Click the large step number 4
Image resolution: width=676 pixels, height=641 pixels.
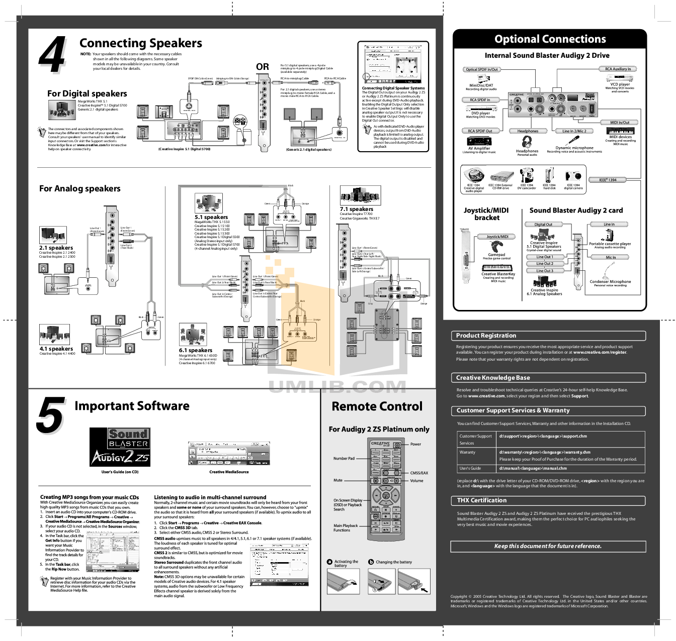pos(52,55)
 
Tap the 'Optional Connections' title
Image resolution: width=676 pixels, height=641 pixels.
pos(550,39)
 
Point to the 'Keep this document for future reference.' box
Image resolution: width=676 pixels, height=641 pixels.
pos(548,546)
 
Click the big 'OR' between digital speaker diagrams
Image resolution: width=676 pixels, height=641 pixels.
pos(263,67)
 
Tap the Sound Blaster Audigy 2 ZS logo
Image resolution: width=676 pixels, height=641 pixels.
pos(120,447)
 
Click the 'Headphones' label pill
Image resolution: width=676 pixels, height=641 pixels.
pos(528,131)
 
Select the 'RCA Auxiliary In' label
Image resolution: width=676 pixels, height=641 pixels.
pos(618,69)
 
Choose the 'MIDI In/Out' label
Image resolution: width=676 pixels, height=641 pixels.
pos(620,122)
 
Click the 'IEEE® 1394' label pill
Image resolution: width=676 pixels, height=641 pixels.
pos(608,179)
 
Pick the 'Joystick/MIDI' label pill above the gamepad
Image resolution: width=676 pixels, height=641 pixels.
pos(497,237)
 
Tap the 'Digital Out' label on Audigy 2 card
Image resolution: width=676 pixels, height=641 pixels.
pos(543,225)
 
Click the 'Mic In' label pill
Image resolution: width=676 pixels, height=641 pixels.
pos(610,257)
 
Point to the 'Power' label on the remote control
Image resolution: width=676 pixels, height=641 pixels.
pos(415,444)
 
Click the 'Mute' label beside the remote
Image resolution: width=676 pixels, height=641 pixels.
pos(338,480)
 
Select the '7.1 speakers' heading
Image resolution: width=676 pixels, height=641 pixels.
pos(357,209)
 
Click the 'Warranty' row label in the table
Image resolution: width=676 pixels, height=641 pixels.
pos(467,452)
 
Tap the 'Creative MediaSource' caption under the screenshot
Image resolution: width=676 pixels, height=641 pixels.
pos(229,472)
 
